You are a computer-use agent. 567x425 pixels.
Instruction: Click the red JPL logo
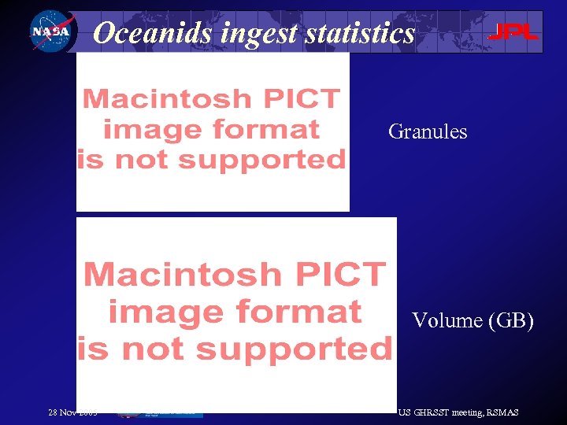pyautogui.click(x=513, y=32)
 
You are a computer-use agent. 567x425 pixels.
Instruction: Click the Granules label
pyautogui.click(x=428, y=131)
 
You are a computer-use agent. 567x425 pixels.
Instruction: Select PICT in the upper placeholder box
pyautogui.click(x=304, y=99)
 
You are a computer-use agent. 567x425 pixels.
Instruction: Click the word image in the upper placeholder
pyautogui.click(x=149, y=129)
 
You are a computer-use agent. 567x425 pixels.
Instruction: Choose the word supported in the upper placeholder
pyautogui.click(x=262, y=160)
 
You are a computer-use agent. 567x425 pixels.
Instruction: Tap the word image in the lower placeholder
pyautogui.click(x=163, y=312)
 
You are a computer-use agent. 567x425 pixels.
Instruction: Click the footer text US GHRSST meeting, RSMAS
pyautogui.click(x=458, y=412)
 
